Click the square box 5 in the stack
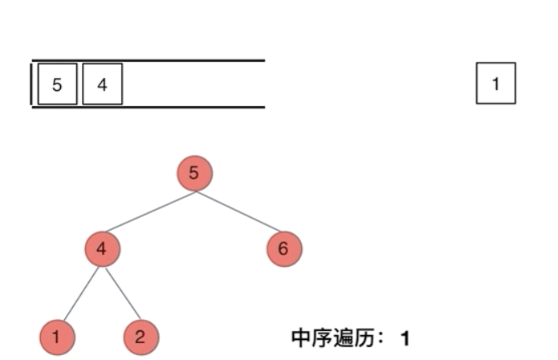tap(57, 84)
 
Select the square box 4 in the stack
tap(102, 84)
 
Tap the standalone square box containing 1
tap(495, 84)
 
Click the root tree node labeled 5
tap(193, 173)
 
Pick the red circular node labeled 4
tap(102, 250)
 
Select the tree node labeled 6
tap(283, 250)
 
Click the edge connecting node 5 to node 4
tap(148, 211)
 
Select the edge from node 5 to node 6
tap(238, 211)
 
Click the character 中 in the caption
tap(301, 337)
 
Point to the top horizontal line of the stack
tap(193, 60)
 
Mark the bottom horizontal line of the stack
tap(193, 107)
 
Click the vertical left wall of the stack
tap(32, 84)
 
